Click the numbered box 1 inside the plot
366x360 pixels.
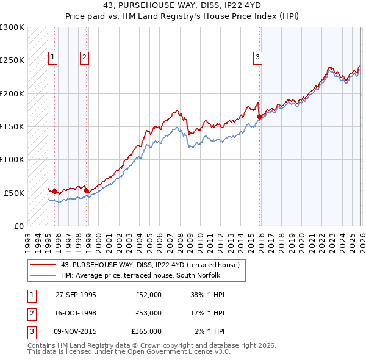(x=53, y=58)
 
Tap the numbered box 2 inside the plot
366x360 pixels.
(x=84, y=58)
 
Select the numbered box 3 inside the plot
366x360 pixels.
(x=258, y=58)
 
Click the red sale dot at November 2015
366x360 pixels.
(x=259, y=117)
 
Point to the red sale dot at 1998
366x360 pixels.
(x=86, y=190)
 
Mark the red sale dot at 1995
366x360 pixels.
(x=55, y=191)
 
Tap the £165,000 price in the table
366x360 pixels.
(x=146, y=331)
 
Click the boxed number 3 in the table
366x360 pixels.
(x=32, y=331)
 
